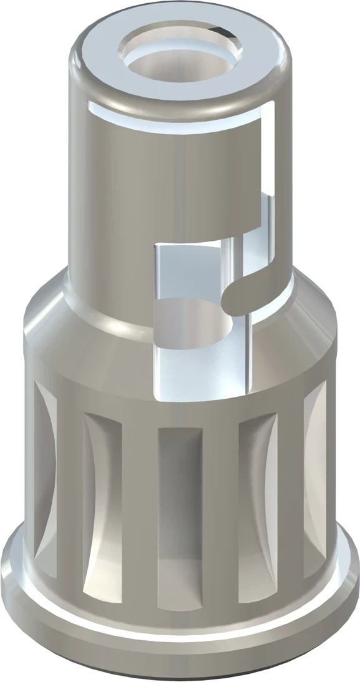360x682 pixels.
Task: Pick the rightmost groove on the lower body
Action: pyautogui.click(x=315, y=480)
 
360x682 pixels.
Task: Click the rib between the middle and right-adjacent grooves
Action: pyautogui.click(x=220, y=499)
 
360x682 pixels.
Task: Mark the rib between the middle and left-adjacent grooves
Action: pyautogui.click(x=140, y=499)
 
